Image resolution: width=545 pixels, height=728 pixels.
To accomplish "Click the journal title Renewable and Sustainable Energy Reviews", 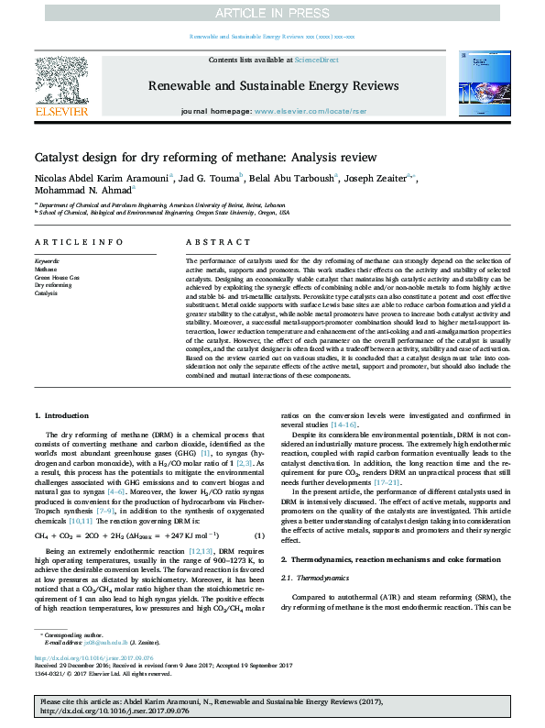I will click(272, 83).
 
